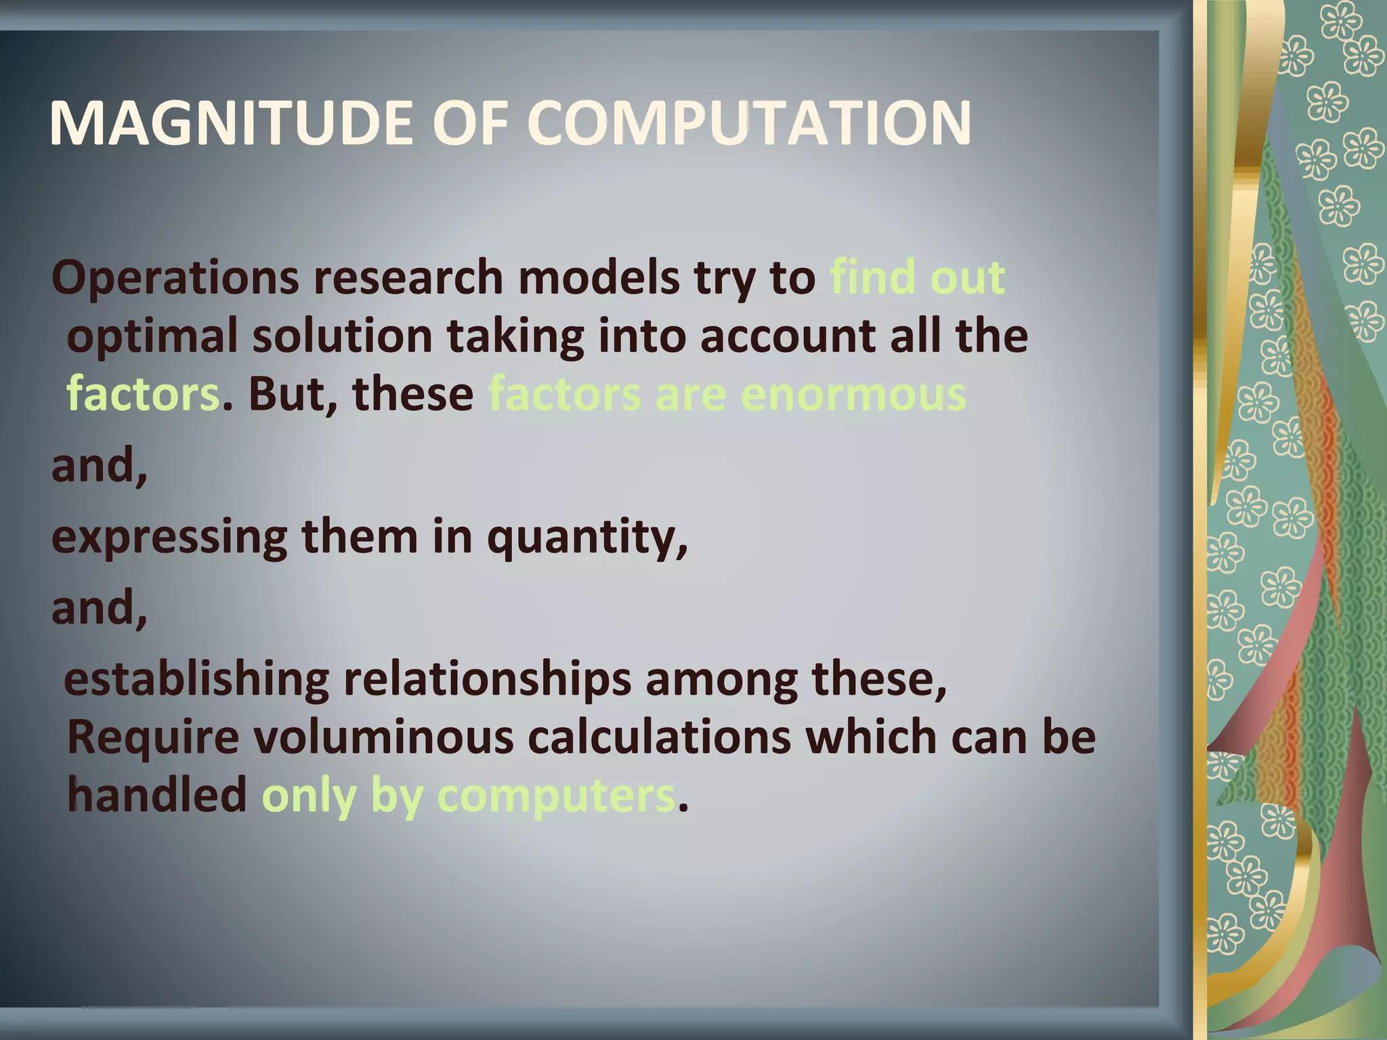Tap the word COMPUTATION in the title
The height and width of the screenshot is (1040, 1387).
748,123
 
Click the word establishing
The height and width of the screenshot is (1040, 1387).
196,680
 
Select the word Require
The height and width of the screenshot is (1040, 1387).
153,738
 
